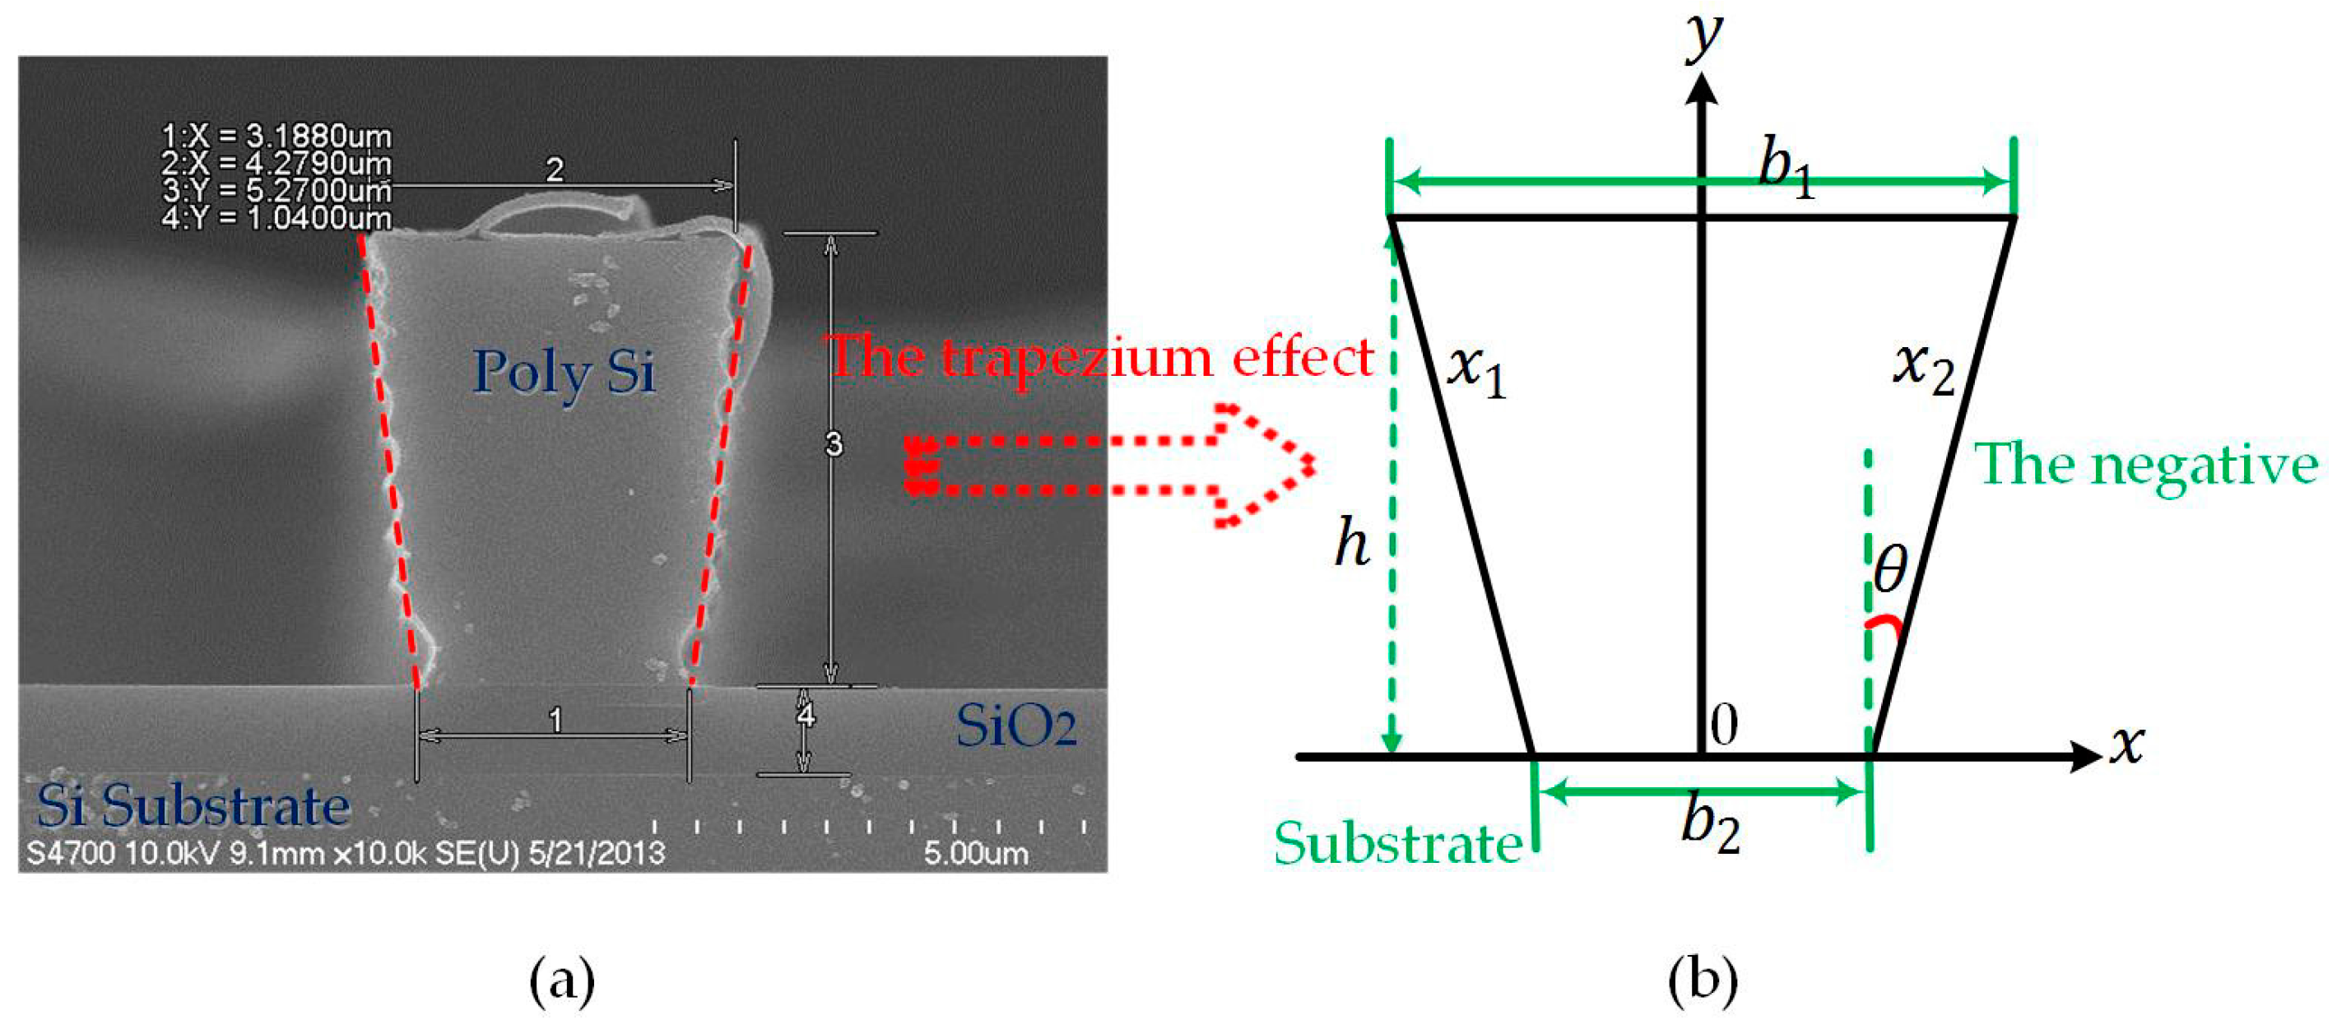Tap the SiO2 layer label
(1016, 726)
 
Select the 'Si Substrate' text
(193, 804)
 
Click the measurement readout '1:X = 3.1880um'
(276, 137)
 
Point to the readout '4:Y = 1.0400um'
(276, 219)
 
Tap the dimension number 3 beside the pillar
(833, 444)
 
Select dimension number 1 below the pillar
(555, 719)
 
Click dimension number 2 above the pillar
(555, 169)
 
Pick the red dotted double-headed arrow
(1107, 466)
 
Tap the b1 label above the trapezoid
(1786, 169)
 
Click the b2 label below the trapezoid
(1710, 825)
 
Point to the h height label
(1352, 545)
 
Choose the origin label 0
(1724, 724)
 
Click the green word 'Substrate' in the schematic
(1398, 843)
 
